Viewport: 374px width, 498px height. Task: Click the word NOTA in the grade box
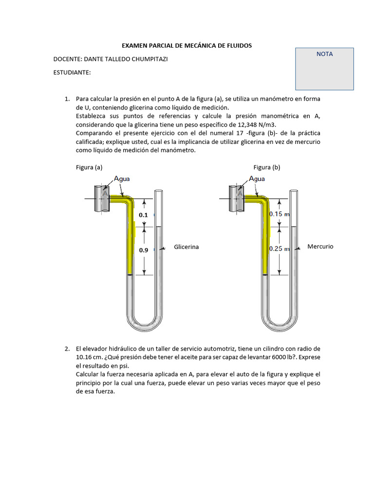(324, 54)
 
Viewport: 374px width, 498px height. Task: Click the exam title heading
(187, 45)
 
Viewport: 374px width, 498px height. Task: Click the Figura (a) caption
(89, 167)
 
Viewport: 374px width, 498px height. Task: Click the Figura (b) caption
(267, 167)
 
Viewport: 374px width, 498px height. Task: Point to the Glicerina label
(187, 247)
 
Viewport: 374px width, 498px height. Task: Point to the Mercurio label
(320, 247)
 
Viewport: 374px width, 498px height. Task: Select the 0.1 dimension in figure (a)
(143, 214)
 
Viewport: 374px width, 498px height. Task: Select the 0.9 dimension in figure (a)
(143, 250)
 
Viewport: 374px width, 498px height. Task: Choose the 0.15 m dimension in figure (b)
(280, 214)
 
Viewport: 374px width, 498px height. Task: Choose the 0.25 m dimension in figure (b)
(280, 249)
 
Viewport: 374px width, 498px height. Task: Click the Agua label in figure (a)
(122, 178)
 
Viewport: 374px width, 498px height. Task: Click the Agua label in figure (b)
(257, 178)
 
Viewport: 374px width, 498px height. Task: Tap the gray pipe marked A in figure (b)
(238, 198)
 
